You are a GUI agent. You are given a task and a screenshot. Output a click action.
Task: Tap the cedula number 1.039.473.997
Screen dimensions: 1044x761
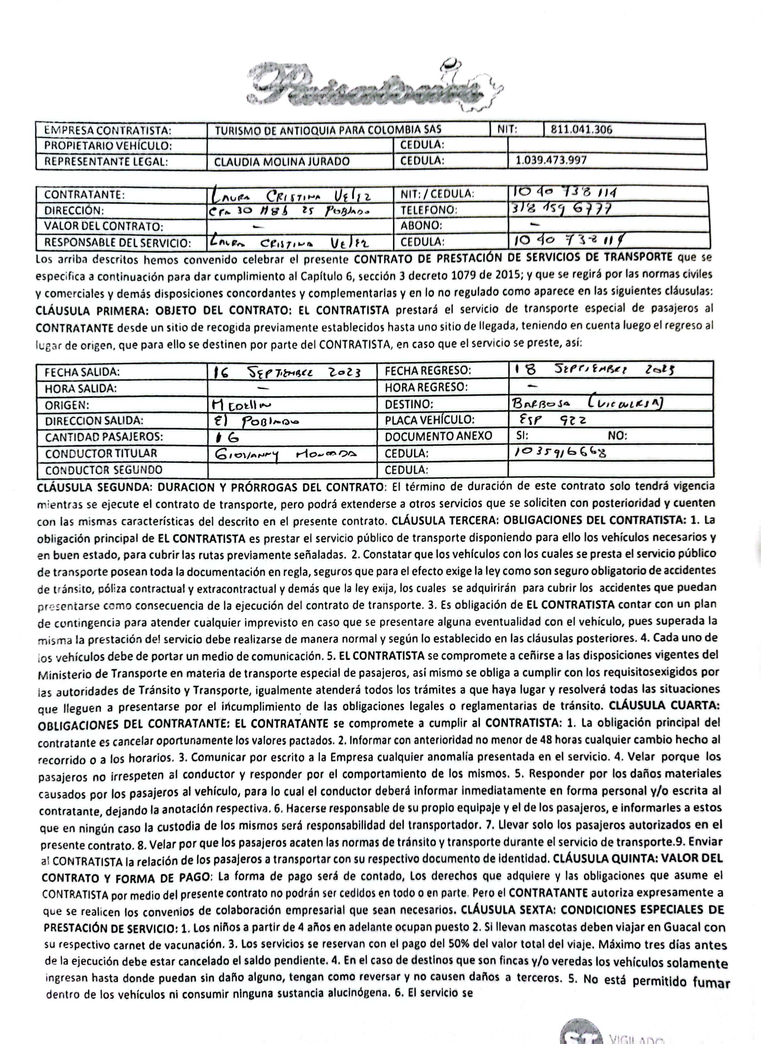coord(551,161)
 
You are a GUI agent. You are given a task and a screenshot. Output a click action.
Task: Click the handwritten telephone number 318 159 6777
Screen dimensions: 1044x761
coord(562,209)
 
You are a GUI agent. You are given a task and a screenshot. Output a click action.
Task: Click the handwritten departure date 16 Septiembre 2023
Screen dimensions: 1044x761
coord(286,372)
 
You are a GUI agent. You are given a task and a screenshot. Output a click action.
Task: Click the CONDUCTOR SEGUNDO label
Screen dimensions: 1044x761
coord(104,470)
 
